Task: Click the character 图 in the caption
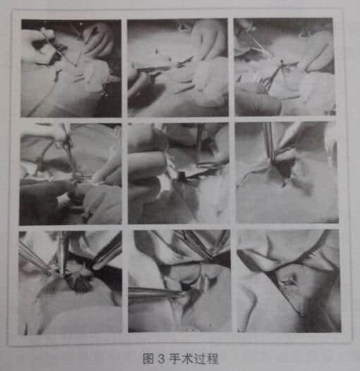tap(148, 358)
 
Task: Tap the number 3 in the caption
tap(161, 358)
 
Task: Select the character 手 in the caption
tap(175, 358)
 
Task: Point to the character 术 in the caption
tap(187, 358)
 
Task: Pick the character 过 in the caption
tap(200, 358)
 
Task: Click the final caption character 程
tap(212, 358)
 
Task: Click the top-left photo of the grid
tap(71, 68)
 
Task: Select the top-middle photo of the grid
tap(178, 68)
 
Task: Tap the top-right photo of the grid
tap(285, 67)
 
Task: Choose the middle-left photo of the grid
tap(71, 174)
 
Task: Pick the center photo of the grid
tap(179, 174)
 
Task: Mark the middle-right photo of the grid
tap(287, 173)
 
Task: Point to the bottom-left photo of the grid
tap(71, 283)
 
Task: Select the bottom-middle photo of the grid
tap(179, 281)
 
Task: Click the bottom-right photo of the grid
tap(289, 281)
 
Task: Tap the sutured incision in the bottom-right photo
tap(288, 281)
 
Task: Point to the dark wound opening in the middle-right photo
tap(284, 169)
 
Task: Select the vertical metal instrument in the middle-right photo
tap(270, 141)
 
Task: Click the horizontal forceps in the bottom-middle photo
tap(156, 292)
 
